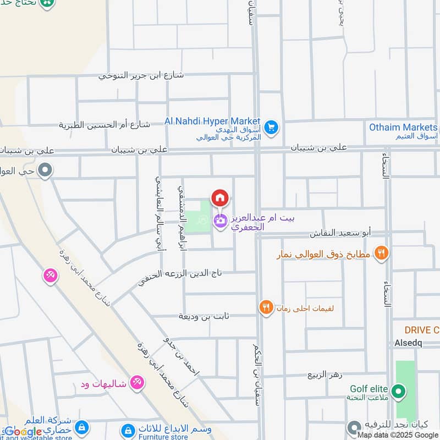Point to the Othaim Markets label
(403, 127)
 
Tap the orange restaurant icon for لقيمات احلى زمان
(266, 308)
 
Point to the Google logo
(23, 432)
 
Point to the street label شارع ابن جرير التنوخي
(141, 75)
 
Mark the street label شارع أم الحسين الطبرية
(105, 124)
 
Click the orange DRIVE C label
(422, 330)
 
